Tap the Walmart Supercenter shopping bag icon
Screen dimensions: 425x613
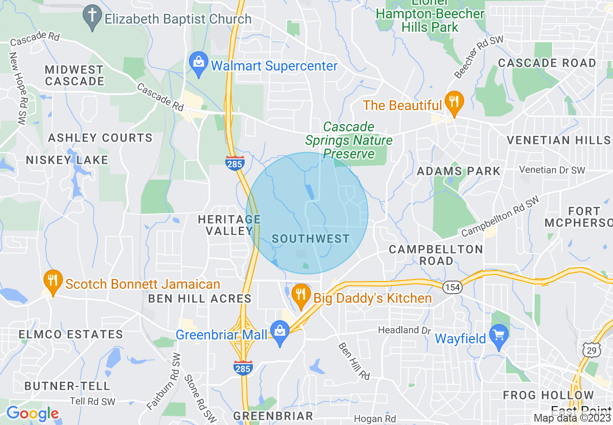click(x=198, y=63)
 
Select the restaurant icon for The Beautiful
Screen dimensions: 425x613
click(x=454, y=102)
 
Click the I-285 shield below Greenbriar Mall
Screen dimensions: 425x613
click(x=243, y=368)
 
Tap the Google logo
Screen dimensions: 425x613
click(x=32, y=413)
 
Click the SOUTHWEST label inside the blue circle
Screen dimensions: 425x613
click(x=310, y=239)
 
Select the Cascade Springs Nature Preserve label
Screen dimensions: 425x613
click(x=349, y=140)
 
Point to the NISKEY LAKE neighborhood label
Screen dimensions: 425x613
click(x=67, y=160)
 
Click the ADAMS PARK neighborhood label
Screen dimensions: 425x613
click(x=458, y=171)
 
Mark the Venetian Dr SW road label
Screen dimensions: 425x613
click(x=552, y=170)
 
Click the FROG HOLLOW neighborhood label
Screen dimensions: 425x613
click(x=548, y=396)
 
